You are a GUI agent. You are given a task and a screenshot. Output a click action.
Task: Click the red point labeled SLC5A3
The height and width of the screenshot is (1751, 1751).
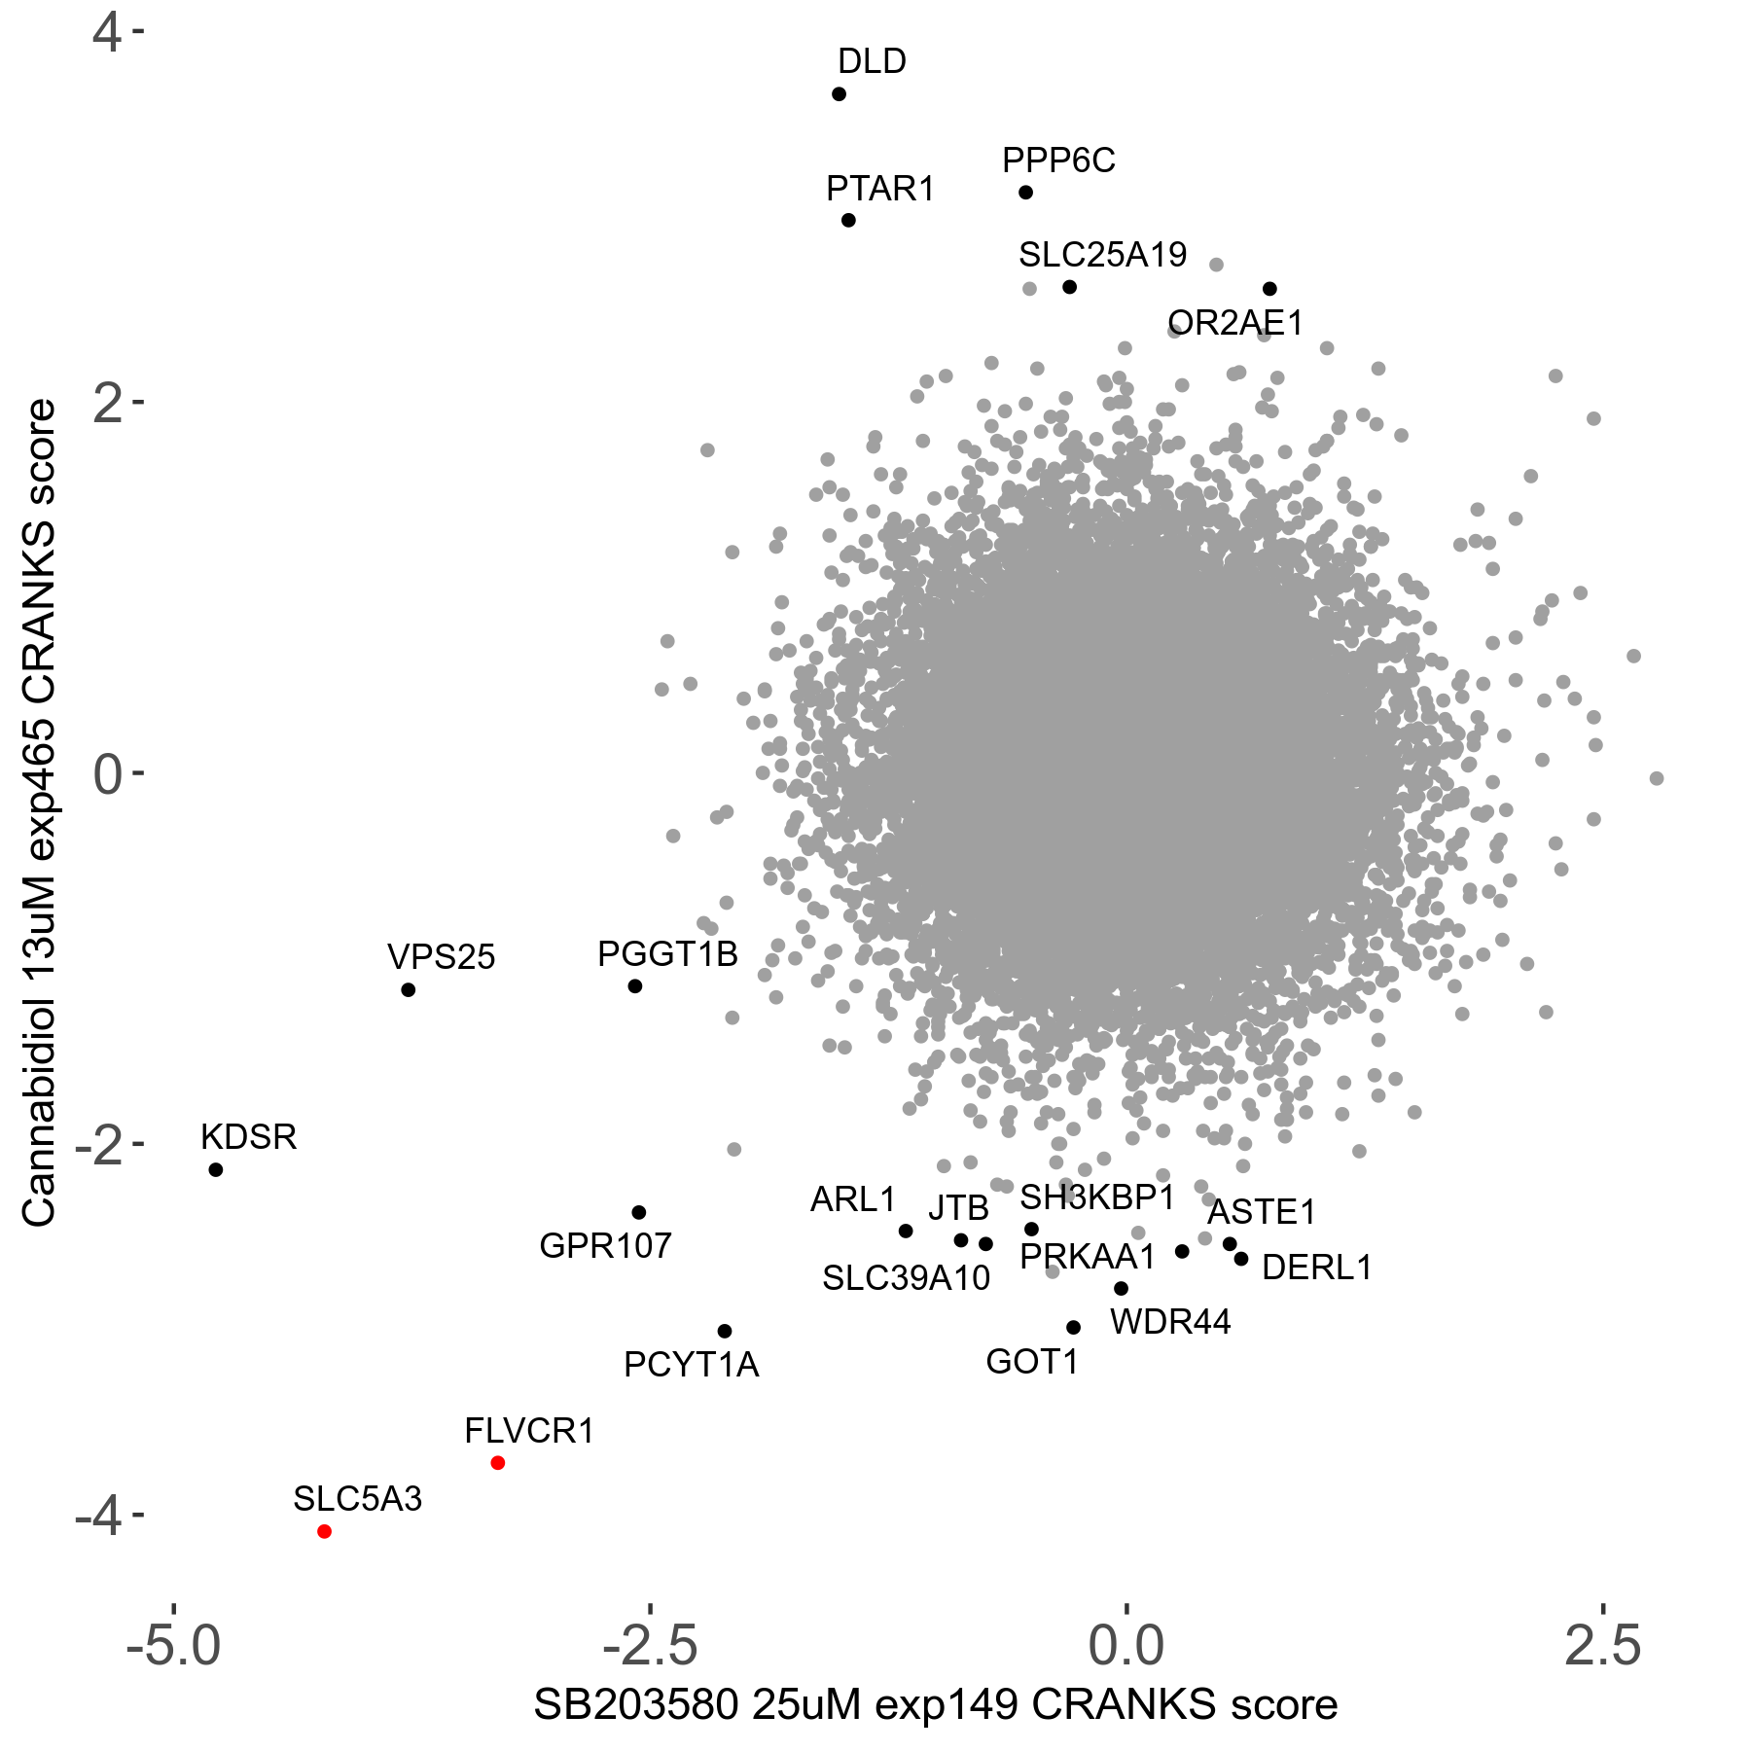(x=325, y=1531)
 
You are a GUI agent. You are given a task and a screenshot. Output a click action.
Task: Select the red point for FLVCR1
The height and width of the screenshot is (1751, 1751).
(x=498, y=1463)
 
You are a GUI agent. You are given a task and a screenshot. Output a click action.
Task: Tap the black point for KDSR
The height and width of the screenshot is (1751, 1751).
(x=216, y=1169)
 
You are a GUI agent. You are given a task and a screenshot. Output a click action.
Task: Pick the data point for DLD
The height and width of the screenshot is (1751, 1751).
(x=839, y=94)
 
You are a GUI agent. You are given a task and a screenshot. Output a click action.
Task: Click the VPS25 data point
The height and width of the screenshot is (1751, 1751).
(x=409, y=990)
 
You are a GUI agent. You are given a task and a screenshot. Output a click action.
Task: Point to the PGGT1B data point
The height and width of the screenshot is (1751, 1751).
(x=635, y=986)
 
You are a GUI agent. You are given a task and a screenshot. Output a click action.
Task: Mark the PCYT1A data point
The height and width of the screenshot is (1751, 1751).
(x=725, y=1331)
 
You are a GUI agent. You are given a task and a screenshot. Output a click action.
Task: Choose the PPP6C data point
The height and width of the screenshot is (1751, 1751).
(x=1025, y=193)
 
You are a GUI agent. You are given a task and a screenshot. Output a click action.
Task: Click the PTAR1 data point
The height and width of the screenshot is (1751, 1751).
(x=848, y=221)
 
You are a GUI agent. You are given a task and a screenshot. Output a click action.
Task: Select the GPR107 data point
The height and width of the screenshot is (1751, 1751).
(x=639, y=1212)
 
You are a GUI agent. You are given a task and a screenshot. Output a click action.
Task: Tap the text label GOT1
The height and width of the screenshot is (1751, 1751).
(x=1032, y=1362)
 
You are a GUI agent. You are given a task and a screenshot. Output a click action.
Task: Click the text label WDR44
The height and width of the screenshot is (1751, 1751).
(x=1170, y=1322)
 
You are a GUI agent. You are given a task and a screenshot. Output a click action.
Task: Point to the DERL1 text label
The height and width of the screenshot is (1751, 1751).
(x=1316, y=1268)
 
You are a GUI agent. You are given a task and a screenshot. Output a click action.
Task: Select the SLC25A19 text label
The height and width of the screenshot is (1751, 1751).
(x=1102, y=255)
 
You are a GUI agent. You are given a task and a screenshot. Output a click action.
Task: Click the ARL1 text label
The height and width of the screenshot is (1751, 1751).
(x=853, y=1199)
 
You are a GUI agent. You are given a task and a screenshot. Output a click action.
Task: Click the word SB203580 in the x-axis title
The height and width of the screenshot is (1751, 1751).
(x=636, y=1705)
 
